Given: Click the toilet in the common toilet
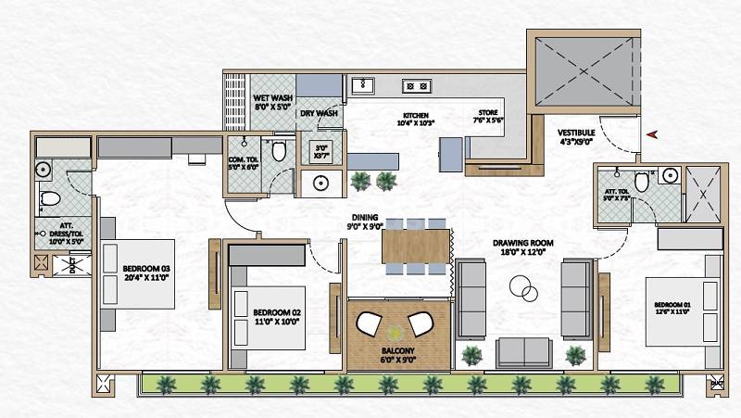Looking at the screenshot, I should [x=279, y=151].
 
